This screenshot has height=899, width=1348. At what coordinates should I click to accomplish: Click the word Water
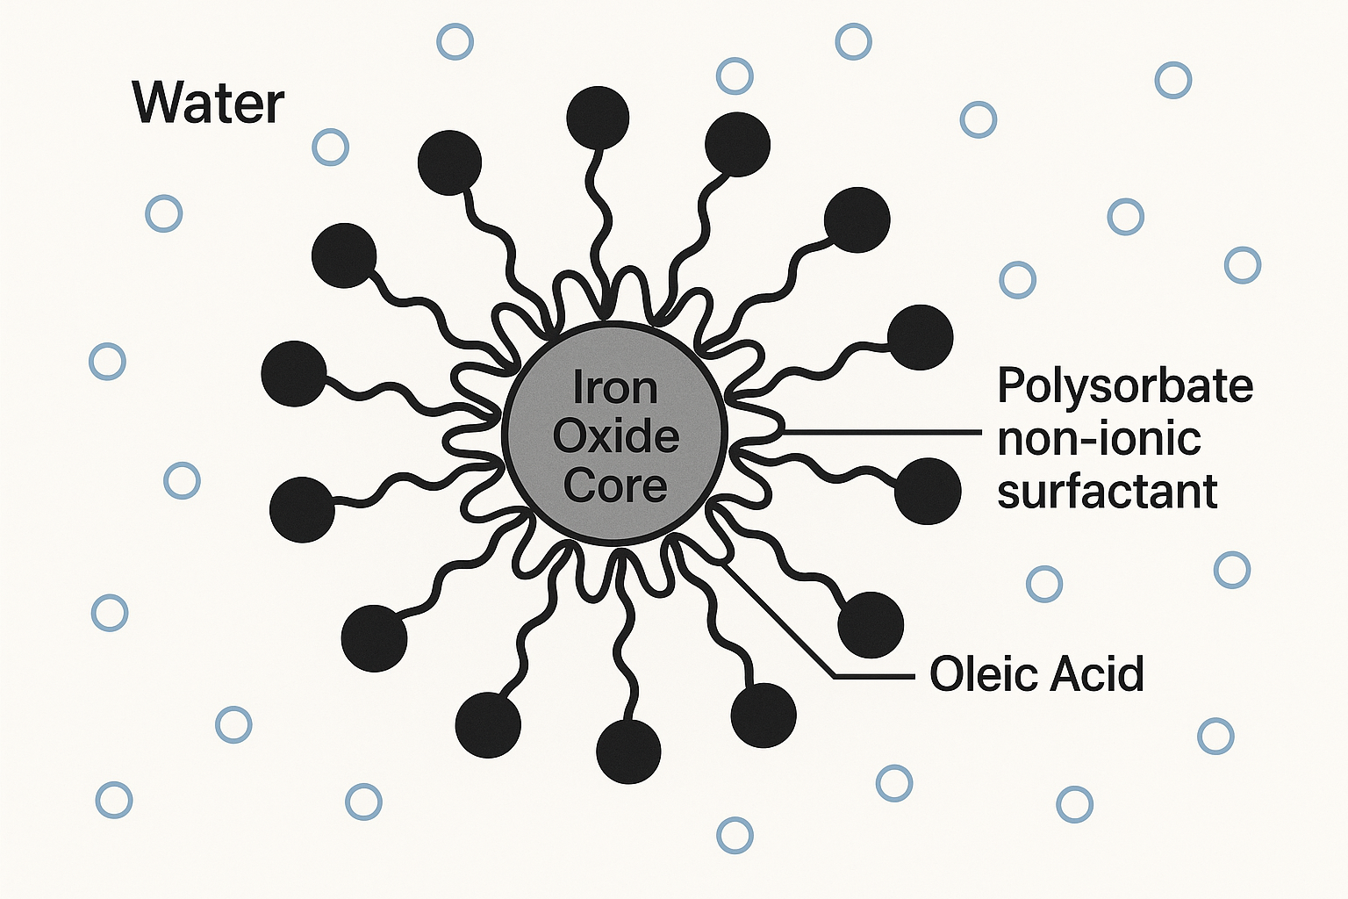208,104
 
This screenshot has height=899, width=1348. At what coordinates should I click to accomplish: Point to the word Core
615,485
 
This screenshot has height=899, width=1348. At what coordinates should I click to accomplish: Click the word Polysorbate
1125,386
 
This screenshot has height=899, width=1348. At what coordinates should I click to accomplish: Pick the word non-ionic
1099,440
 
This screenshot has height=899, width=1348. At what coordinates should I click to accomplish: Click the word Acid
1090,673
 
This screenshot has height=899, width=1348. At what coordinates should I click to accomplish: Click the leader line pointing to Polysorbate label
882,432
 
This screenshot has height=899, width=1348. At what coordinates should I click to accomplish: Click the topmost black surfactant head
598,118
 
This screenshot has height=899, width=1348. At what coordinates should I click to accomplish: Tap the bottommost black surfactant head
628,752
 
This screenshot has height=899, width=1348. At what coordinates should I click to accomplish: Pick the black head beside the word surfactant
928,492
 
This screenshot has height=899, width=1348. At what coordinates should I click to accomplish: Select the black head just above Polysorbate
920,337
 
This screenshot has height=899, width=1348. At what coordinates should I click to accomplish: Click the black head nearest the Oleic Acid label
871,624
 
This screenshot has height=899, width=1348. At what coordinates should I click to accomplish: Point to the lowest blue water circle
735,835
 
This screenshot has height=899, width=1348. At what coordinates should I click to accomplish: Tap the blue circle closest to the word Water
330,147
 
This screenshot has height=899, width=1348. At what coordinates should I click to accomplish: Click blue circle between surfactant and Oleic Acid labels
1044,584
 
